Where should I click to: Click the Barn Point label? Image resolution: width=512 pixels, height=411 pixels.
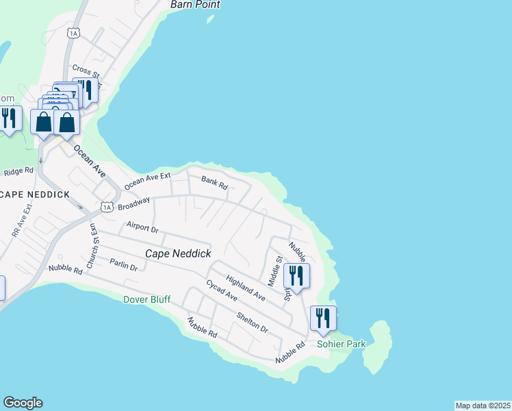(195, 5)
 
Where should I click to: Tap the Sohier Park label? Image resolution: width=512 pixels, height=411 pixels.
(341, 344)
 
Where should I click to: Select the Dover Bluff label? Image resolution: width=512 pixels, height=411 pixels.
(146, 299)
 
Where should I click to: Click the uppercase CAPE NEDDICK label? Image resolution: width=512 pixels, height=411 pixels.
(35, 195)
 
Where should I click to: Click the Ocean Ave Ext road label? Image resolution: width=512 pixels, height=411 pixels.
(147, 182)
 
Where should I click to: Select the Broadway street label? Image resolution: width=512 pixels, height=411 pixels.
(133, 203)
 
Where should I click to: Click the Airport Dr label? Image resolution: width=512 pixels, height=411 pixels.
(142, 227)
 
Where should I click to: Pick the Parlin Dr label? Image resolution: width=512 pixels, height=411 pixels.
(124, 264)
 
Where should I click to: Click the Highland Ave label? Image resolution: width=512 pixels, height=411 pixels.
(245, 286)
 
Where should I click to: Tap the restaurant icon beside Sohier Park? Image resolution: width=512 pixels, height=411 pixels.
(323, 318)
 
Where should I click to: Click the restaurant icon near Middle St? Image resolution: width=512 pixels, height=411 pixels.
(296, 275)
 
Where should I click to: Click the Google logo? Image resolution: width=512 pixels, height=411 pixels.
(23, 403)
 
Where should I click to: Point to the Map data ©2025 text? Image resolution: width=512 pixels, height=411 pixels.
(483, 405)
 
